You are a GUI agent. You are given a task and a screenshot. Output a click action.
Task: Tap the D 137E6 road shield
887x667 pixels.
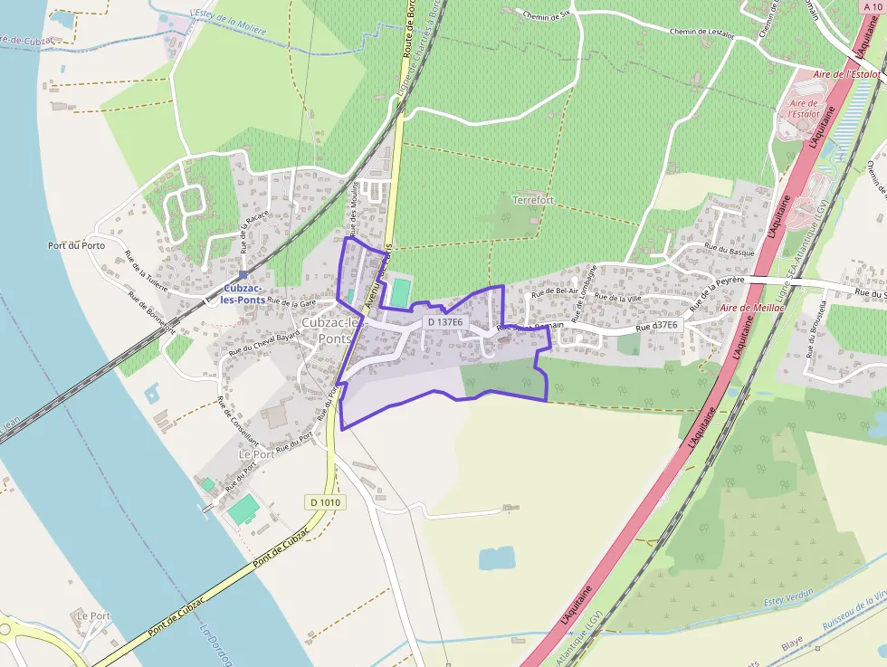tap(444, 322)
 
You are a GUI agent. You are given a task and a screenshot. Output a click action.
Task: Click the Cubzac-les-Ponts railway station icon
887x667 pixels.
tap(243, 275)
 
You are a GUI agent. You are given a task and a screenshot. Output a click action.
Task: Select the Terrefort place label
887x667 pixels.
tap(532, 200)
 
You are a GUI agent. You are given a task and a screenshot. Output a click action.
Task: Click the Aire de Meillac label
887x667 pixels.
tap(751, 308)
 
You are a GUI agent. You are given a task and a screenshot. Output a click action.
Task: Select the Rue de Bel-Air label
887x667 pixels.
tap(554, 292)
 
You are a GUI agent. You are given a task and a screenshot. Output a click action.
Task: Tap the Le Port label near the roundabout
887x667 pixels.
tap(93, 615)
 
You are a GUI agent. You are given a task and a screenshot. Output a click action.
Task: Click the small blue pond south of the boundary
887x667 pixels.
tap(496, 559)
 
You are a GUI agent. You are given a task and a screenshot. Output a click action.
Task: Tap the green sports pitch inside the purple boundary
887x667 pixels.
tap(398, 291)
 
